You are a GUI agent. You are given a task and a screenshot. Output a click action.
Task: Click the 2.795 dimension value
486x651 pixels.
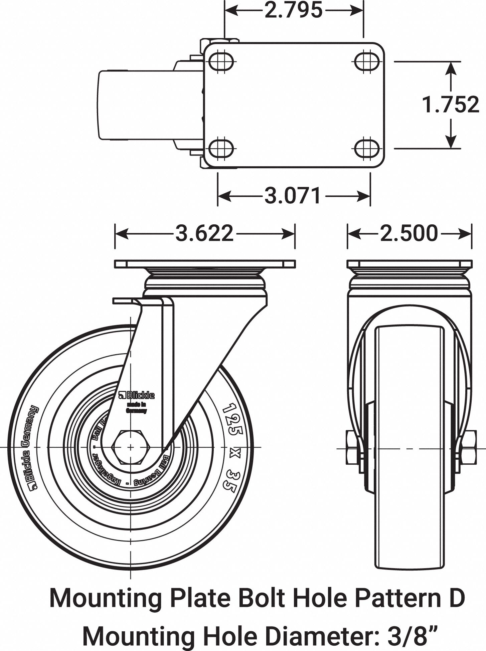pyautogui.click(x=294, y=10)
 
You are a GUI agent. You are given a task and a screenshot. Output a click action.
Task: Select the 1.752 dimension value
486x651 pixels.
pyautogui.click(x=450, y=104)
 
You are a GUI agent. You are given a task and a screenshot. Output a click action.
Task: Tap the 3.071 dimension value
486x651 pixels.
pyautogui.click(x=293, y=196)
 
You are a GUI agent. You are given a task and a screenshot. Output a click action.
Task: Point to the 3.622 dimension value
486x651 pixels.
pyautogui.click(x=204, y=233)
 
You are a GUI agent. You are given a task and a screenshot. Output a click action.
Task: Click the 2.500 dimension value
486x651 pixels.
pyautogui.click(x=409, y=233)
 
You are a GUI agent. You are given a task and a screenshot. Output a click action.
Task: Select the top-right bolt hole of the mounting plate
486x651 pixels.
pyautogui.click(x=367, y=61)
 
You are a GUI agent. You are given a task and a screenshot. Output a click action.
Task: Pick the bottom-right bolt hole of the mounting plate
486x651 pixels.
pyautogui.click(x=367, y=148)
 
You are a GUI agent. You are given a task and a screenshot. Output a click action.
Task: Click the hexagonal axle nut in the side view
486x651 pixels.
pyautogui.click(x=130, y=447)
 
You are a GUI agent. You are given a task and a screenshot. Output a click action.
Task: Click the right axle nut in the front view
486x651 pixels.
pyautogui.click(x=468, y=448)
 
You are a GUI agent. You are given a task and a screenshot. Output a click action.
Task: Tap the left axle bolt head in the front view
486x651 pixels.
pyautogui.click(x=351, y=448)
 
